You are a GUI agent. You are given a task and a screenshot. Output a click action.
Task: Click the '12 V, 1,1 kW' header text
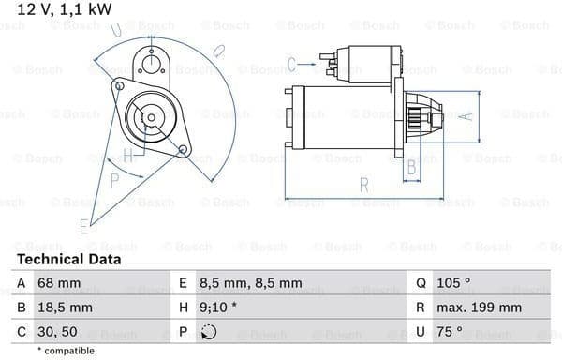pyautogui.click(x=64, y=9)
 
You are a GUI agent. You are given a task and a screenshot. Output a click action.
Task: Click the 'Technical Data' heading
pyautogui.click(x=68, y=260)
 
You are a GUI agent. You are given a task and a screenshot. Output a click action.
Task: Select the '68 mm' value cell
pyautogui.click(x=59, y=283)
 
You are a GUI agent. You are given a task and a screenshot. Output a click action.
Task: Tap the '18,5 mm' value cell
pyautogui.click(x=65, y=307)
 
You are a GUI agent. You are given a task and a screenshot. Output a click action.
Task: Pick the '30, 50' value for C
pyautogui.click(x=57, y=332)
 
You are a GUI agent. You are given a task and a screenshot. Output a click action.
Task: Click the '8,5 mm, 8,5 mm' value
pyautogui.click(x=250, y=283)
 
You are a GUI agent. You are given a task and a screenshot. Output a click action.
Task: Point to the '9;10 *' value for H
pyautogui.click(x=218, y=307)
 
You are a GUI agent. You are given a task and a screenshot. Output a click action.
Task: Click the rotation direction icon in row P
pyautogui.click(x=209, y=332)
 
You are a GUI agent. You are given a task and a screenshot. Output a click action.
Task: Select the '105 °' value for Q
pyautogui.click(x=453, y=283)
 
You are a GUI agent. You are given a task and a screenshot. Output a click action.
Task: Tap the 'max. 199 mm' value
pyautogui.click(x=479, y=307)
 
